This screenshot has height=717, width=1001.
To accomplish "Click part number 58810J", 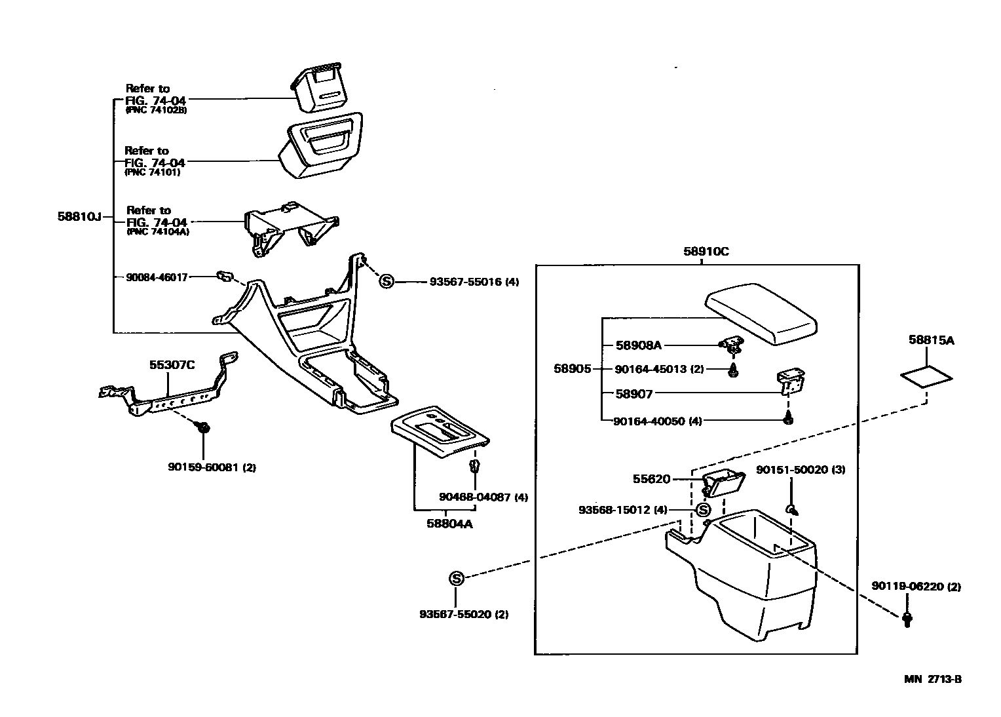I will tap(79, 216).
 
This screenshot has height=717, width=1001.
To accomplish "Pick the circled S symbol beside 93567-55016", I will tap(387, 282).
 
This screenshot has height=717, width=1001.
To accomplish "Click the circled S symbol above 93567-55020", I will tap(456, 578).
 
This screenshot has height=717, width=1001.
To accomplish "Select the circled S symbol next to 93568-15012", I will tap(703, 510).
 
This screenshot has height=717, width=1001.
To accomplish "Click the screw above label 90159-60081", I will tap(203, 427).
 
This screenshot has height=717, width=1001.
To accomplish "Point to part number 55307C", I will tap(172, 365).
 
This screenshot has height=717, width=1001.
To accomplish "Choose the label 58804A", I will tap(449, 524).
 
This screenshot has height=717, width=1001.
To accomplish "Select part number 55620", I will tap(651, 479).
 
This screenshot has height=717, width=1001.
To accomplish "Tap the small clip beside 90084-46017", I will tap(224, 277).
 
